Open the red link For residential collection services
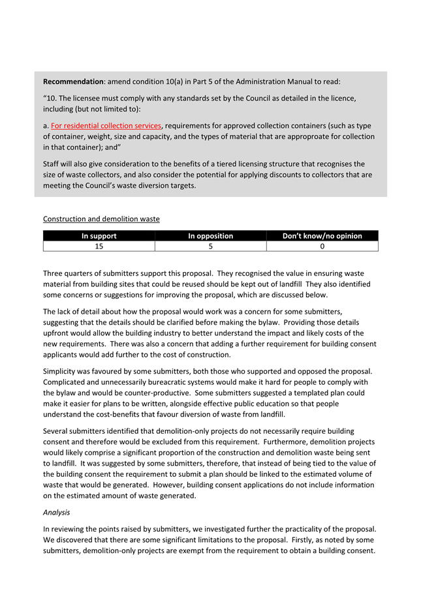(106, 126)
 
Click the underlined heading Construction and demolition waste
(101, 219)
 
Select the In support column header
(99, 236)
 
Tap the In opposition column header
(210, 236)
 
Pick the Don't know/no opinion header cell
(322, 236)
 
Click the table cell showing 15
(99, 247)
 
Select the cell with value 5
(210, 247)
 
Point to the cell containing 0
(322, 247)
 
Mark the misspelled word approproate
(315, 137)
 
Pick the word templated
(313, 393)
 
